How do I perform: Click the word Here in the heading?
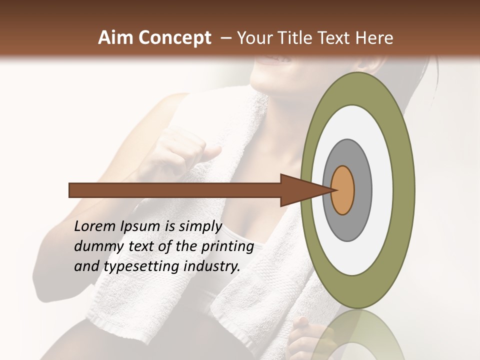374,38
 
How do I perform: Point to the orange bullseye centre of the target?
342,190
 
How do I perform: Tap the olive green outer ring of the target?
403,190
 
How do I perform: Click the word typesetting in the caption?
141,267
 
